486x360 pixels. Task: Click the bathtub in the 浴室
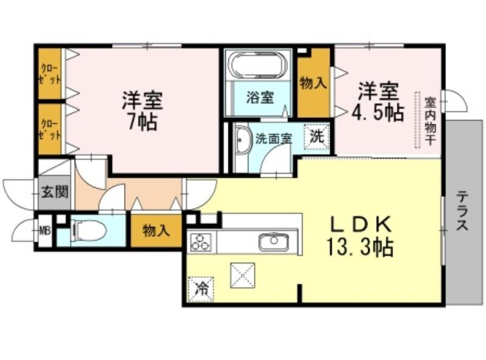(257, 65)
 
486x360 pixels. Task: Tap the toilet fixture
(89, 230)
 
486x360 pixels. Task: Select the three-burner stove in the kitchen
(200, 242)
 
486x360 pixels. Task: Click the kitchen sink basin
(274, 242)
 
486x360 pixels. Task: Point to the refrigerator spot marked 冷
(201, 289)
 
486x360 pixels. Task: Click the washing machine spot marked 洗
(317, 137)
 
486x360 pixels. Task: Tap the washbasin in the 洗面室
(242, 140)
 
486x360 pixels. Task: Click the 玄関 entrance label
(55, 192)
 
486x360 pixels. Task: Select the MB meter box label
(44, 230)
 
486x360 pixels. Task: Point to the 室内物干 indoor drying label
(430, 121)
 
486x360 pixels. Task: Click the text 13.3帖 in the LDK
(360, 246)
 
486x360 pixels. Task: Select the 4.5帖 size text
(378, 112)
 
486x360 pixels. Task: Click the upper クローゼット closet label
(49, 74)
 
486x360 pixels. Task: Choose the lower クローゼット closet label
(49, 129)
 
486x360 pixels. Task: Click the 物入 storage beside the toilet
(156, 231)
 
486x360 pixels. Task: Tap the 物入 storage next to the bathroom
(313, 83)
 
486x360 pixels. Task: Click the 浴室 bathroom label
(260, 98)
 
